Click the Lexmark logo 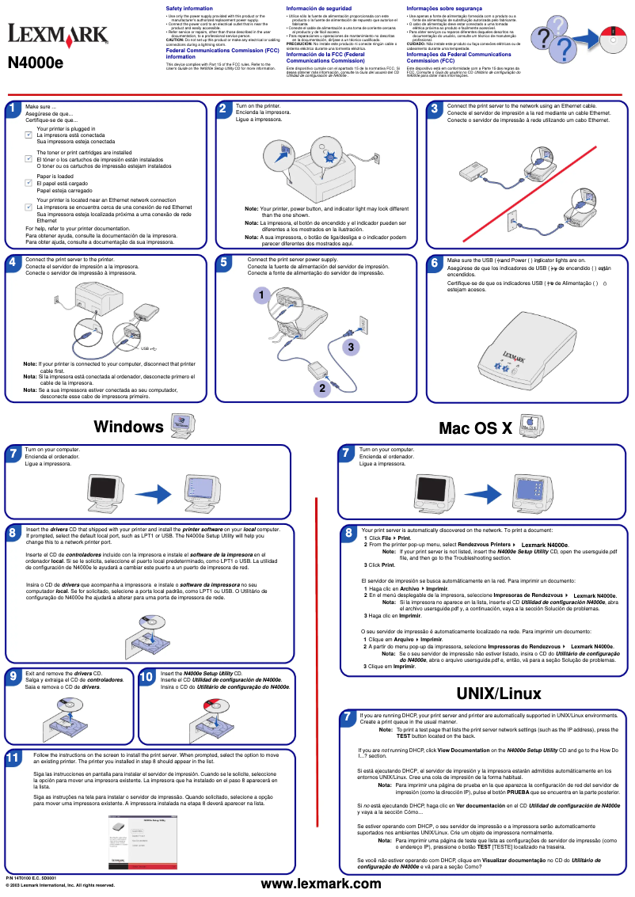58,34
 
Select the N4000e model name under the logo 37,63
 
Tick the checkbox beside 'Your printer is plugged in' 29,135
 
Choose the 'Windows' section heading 128,427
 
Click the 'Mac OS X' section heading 476,428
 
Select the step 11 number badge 13,758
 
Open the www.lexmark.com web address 321,883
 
